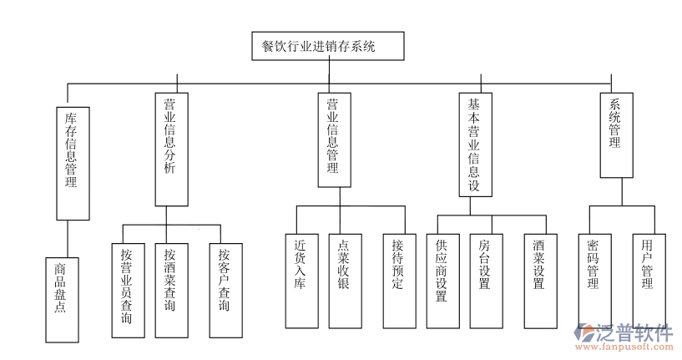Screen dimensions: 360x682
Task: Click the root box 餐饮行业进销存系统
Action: click(x=328, y=47)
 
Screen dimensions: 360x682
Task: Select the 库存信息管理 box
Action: click(x=72, y=163)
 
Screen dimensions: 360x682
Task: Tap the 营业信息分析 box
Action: click(x=169, y=149)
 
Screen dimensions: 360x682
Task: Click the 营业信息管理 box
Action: click(x=333, y=139)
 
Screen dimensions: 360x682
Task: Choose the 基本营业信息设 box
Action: click(x=473, y=145)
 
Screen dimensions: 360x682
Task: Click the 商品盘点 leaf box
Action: click(x=61, y=299)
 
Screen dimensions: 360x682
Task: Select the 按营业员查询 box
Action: click(x=126, y=290)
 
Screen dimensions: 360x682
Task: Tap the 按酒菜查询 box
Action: click(x=170, y=290)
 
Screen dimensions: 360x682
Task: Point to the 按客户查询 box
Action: click(x=223, y=290)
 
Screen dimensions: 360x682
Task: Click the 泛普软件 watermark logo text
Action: click(x=636, y=332)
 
